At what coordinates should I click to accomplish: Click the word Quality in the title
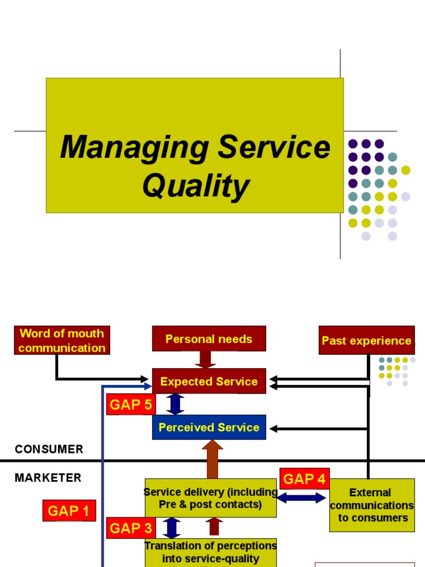click(x=195, y=186)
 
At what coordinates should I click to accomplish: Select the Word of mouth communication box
click(x=61, y=341)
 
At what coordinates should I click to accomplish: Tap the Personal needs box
click(x=209, y=339)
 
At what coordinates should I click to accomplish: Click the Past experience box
click(x=366, y=341)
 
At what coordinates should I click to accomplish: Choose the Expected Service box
click(x=209, y=382)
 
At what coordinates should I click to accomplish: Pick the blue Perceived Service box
click(x=209, y=427)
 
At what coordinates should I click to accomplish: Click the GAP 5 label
click(x=131, y=405)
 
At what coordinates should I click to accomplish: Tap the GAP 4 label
click(x=304, y=479)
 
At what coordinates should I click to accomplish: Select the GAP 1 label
click(x=69, y=511)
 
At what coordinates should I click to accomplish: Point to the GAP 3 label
click(x=131, y=528)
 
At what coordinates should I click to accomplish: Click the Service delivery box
click(x=210, y=498)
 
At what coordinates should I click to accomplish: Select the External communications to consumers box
click(x=371, y=505)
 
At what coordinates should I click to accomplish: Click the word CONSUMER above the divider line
click(x=49, y=449)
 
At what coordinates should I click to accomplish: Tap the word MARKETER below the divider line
click(x=48, y=477)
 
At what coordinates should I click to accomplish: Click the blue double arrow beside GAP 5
click(x=175, y=404)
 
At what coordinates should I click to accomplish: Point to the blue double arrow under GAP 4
click(x=302, y=498)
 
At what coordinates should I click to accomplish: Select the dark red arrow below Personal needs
click(x=206, y=359)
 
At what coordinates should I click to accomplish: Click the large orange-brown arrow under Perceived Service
click(x=212, y=460)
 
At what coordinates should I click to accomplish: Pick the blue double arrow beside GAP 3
click(x=172, y=528)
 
